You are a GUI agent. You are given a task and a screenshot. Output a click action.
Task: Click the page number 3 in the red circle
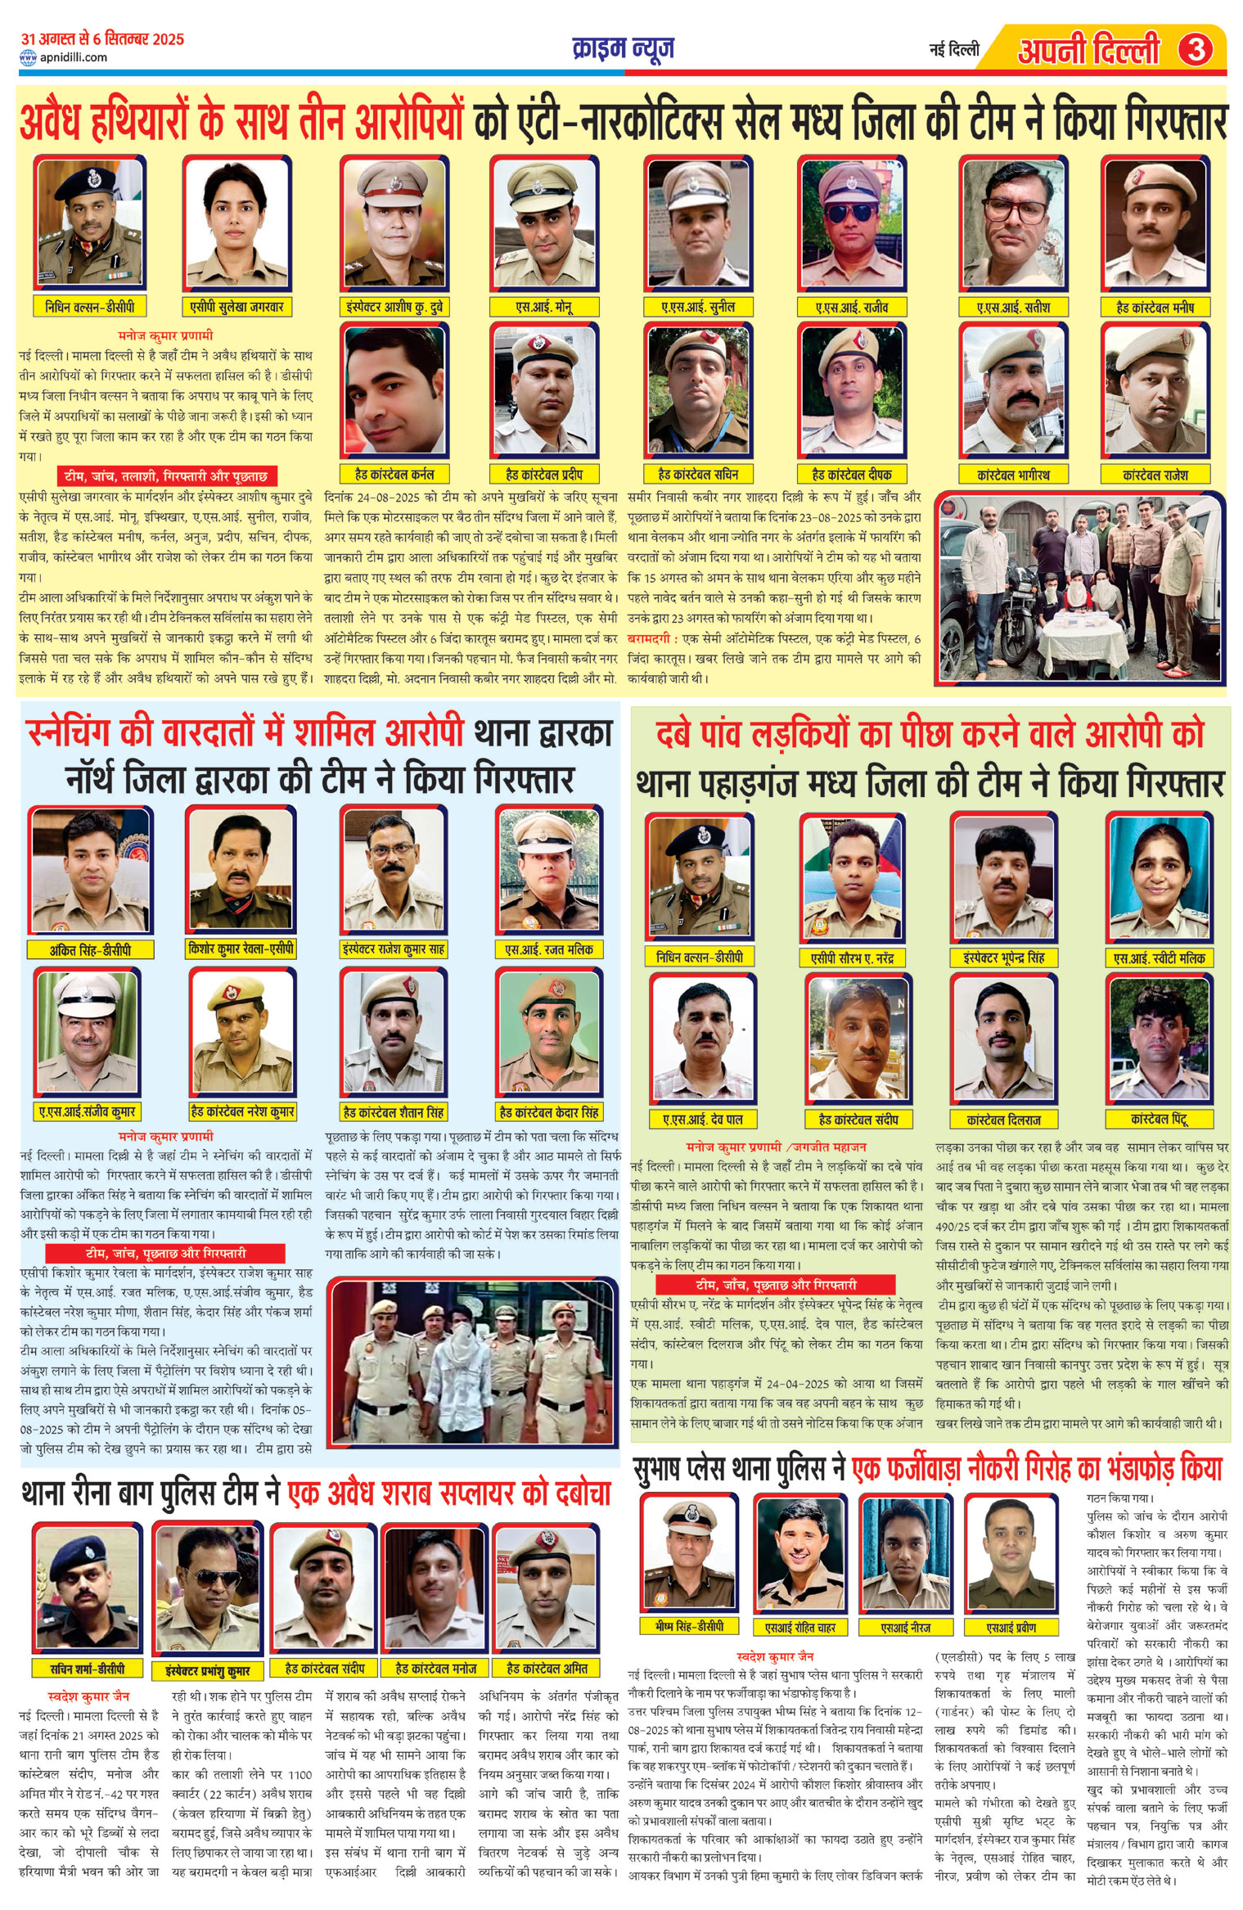click(1195, 51)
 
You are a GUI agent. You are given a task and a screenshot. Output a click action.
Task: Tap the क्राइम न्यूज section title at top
click(624, 49)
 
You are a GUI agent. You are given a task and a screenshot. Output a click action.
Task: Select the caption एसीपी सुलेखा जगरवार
click(236, 308)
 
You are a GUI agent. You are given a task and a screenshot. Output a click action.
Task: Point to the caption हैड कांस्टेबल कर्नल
click(394, 474)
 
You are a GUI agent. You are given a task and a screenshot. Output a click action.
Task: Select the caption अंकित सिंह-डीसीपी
click(90, 950)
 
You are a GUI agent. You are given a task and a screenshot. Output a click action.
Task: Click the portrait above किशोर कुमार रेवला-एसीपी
click(240, 872)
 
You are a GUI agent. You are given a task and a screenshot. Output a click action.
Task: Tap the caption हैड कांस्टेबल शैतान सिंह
click(394, 1112)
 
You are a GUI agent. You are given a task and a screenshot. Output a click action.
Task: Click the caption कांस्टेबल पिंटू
click(1159, 1119)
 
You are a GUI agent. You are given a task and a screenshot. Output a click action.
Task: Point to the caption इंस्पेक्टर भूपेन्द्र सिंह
click(1003, 957)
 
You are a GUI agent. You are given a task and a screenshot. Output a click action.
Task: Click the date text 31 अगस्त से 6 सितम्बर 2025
click(102, 38)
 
